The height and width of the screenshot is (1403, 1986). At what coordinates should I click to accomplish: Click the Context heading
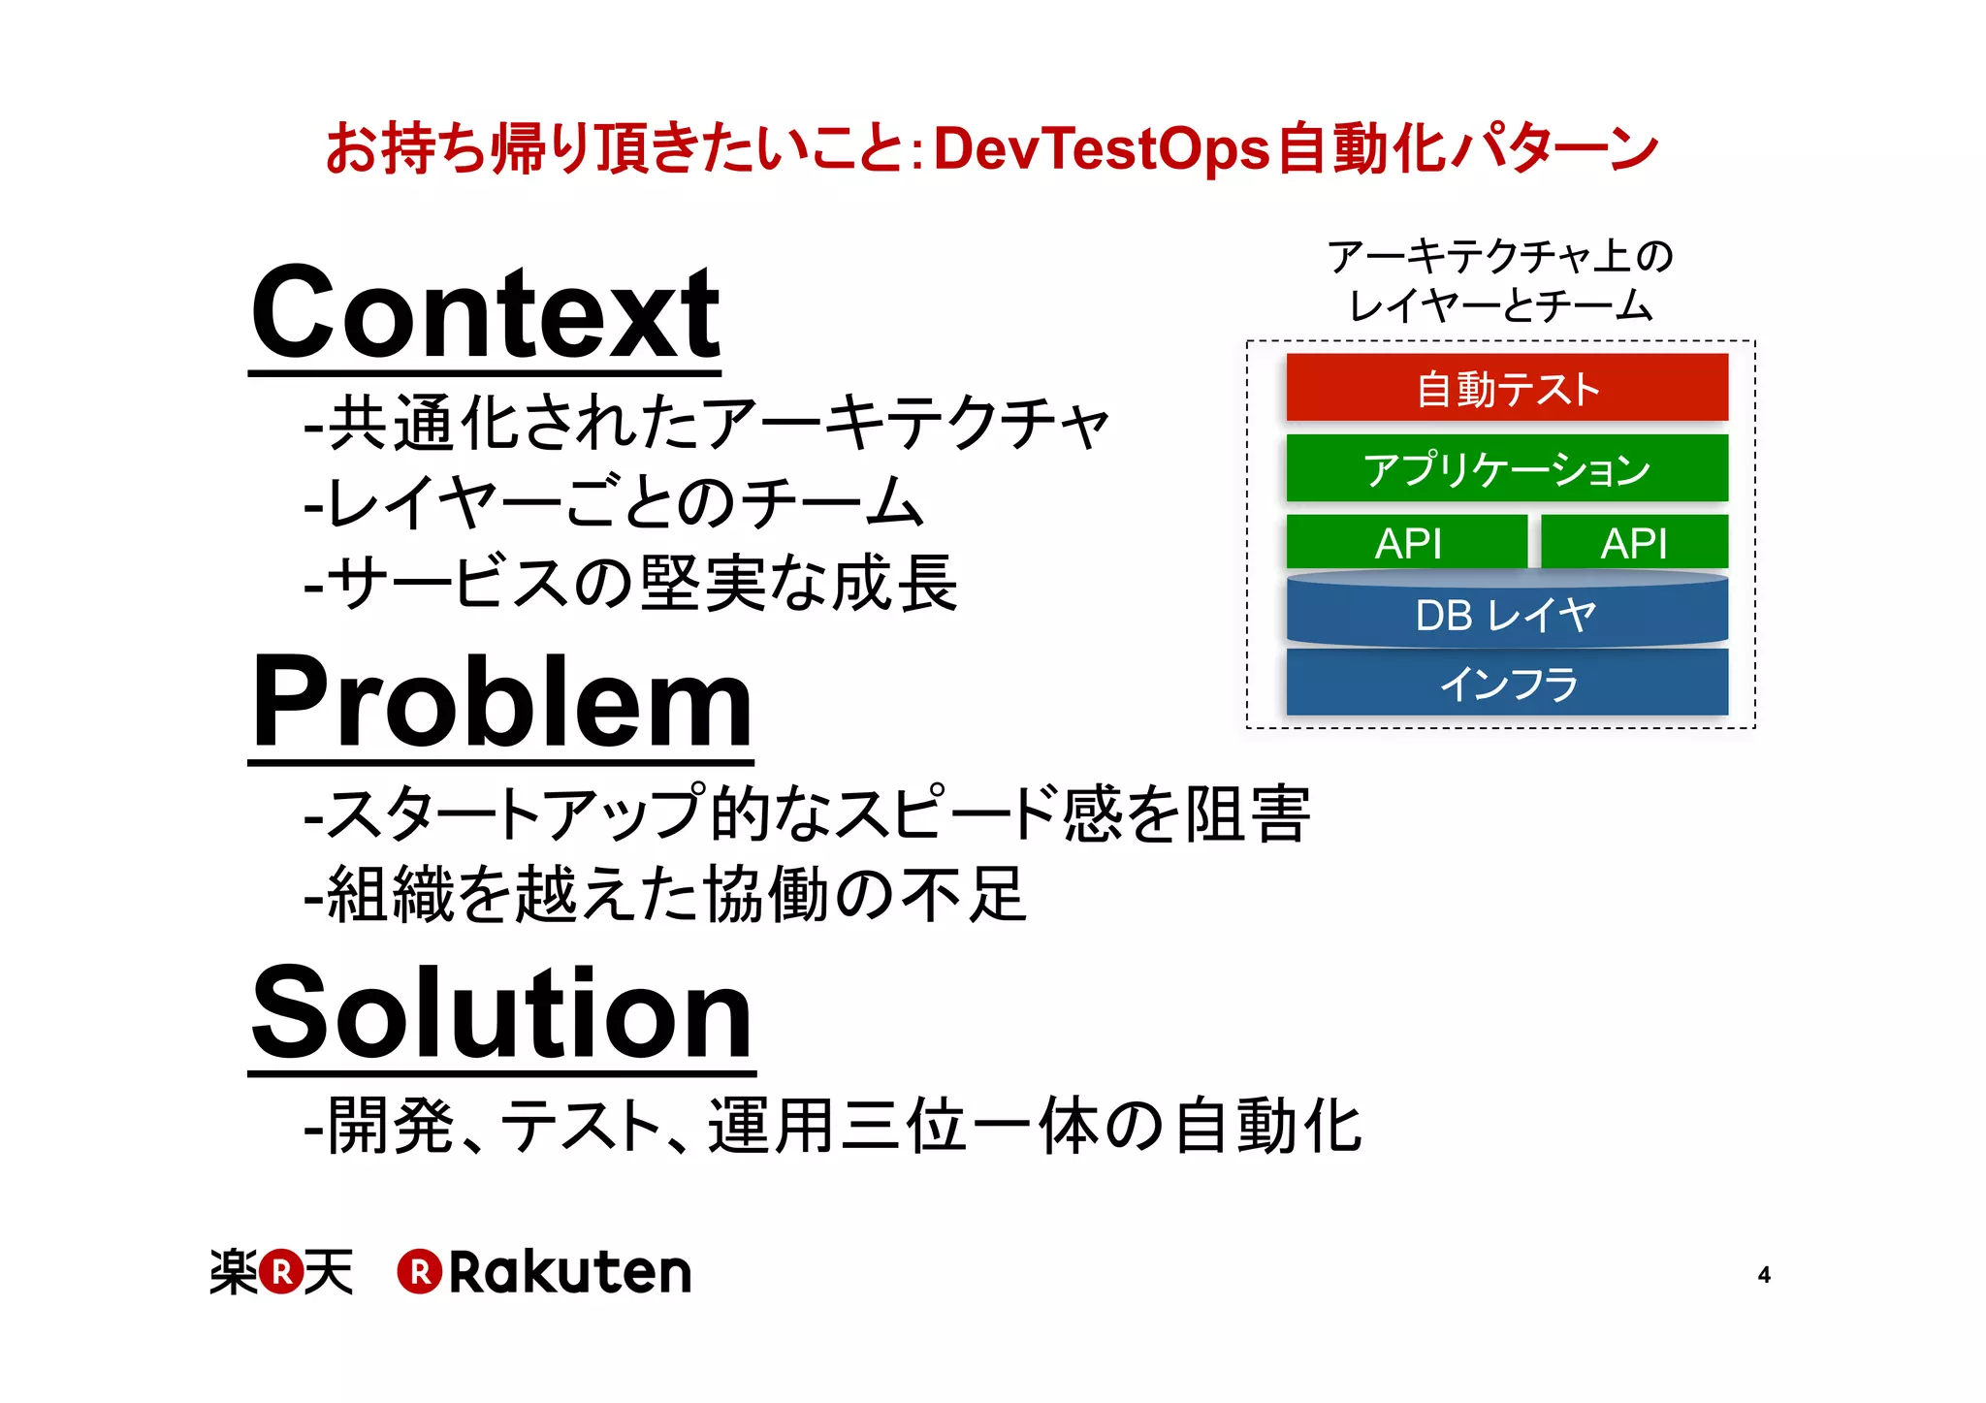click(485, 315)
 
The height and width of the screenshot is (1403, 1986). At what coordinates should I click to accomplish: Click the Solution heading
click(501, 1014)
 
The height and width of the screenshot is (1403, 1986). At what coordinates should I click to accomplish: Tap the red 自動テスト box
click(1506, 389)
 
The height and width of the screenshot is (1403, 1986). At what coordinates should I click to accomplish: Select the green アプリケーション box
click(1506, 469)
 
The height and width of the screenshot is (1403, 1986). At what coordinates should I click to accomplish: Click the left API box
click(1407, 543)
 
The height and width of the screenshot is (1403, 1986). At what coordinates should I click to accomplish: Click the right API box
click(1633, 543)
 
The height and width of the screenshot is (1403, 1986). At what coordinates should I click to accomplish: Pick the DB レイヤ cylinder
click(1506, 614)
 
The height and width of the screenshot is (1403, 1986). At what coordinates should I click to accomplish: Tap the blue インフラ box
click(1506, 684)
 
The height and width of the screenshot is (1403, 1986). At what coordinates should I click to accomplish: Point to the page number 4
click(1764, 1275)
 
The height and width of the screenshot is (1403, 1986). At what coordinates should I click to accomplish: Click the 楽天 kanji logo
click(281, 1271)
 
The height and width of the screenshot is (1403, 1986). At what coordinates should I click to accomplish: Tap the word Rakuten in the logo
click(569, 1272)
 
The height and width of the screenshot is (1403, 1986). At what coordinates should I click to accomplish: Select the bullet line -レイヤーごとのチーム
click(613, 503)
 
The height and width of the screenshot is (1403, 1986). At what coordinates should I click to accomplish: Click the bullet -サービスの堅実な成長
click(630, 584)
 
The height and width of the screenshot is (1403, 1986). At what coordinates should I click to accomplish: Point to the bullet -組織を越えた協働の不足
click(664, 894)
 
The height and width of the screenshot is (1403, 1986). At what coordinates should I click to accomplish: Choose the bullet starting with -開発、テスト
click(832, 1127)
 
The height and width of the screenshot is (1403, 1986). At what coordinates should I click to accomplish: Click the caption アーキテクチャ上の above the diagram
click(1500, 256)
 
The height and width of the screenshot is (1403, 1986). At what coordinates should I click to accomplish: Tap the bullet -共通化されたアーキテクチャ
click(706, 424)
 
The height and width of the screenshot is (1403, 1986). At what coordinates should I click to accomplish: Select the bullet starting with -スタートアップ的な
click(807, 813)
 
